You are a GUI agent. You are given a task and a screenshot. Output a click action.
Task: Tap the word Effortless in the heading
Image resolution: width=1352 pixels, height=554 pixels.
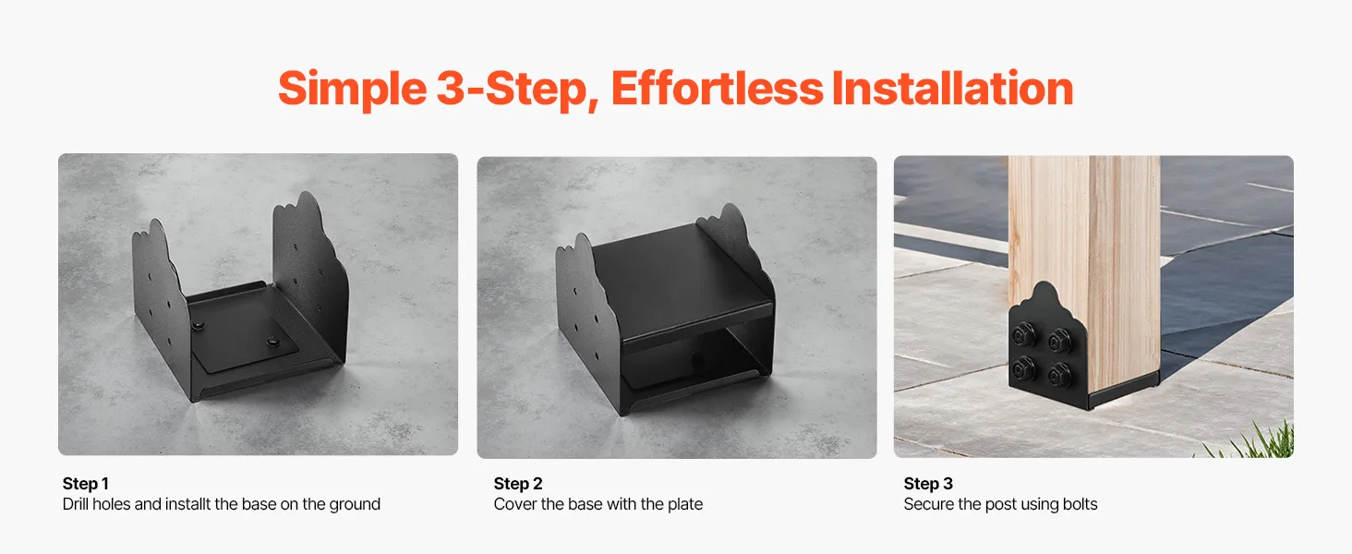tap(717, 88)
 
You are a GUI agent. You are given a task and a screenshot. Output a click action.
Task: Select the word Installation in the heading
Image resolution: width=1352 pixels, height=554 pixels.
tap(953, 88)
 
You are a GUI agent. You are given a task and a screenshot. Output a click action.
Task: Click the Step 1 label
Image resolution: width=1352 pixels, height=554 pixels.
tap(86, 484)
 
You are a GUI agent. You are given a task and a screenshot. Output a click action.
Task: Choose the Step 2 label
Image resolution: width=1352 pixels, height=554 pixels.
tap(518, 484)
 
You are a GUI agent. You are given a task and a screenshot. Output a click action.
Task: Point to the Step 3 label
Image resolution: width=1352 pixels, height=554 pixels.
tap(928, 484)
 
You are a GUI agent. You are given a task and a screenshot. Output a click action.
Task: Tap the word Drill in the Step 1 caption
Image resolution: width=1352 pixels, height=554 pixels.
tap(76, 504)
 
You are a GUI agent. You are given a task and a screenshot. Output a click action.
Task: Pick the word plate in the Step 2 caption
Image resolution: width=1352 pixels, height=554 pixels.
tap(683, 505)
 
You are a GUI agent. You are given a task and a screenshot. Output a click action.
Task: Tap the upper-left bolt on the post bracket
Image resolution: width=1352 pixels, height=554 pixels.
tap(1023, 334)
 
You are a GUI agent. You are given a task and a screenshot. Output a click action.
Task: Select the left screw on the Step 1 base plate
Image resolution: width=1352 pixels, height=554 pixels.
tap(198, 327)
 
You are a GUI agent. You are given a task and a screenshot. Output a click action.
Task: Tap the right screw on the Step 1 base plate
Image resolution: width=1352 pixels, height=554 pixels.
tap(273, 343)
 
